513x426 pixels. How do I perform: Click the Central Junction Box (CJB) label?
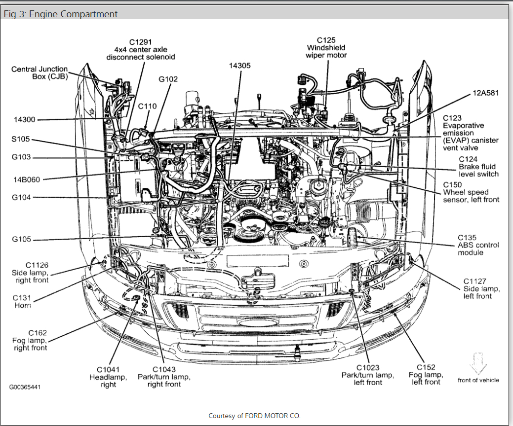coord(39,72)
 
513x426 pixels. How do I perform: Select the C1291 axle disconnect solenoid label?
coord(141,49)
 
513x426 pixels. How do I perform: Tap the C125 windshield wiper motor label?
coord(326,47)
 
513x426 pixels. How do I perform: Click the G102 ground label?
coord(168,79)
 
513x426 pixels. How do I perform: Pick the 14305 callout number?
coord(239,66)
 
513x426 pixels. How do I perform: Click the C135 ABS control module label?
coord(477,245)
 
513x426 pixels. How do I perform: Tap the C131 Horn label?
coord(22,301)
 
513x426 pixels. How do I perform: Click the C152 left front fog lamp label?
coord(426,374)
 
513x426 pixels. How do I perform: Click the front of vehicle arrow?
coord(478,364)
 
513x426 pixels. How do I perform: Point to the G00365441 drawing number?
coord(25,387)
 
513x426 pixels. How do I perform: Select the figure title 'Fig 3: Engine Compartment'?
coord(61,14)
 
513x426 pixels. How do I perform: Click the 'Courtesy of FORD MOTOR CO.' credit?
coord(254,416)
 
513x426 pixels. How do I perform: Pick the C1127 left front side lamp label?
coord(477,288)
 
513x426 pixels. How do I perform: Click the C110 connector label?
coord(147,106)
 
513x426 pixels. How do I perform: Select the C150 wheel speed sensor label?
coord(471,192)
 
